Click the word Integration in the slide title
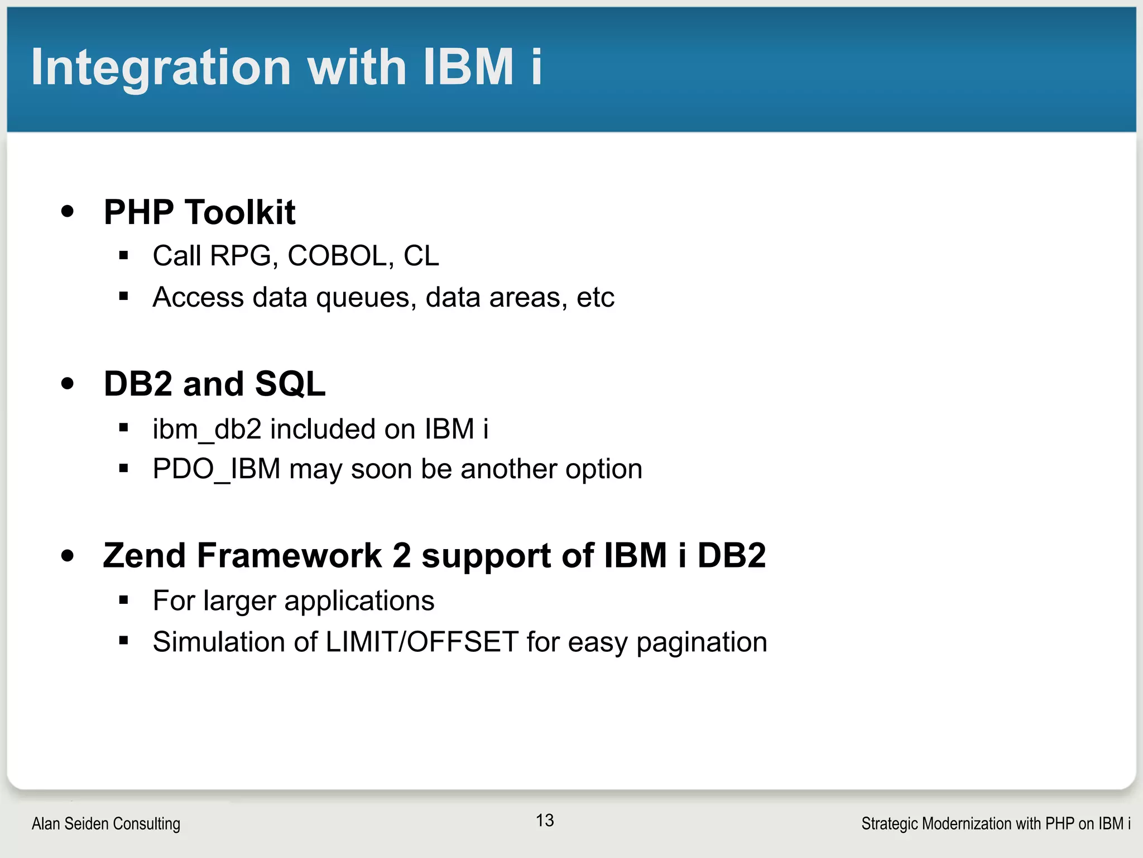tap(161, 67)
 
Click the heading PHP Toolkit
tap(199, 212)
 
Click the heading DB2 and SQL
tap(214, 384)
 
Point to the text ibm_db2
tap(207, 430)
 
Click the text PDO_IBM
tap(216, 469)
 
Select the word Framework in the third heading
tap(289, 556)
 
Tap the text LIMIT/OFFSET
tap(422, 642)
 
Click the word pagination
tap(702, 642)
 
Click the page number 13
tap(545, 820)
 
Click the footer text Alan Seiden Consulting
tap(106, 823)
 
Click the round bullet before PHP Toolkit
tap(68, 212)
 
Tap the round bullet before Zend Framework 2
tap(68, 556)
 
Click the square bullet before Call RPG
tap(124, 256)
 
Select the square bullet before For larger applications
tap(124, 600)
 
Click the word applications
tap(359, 602)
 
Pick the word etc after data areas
tap(595, 297)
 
